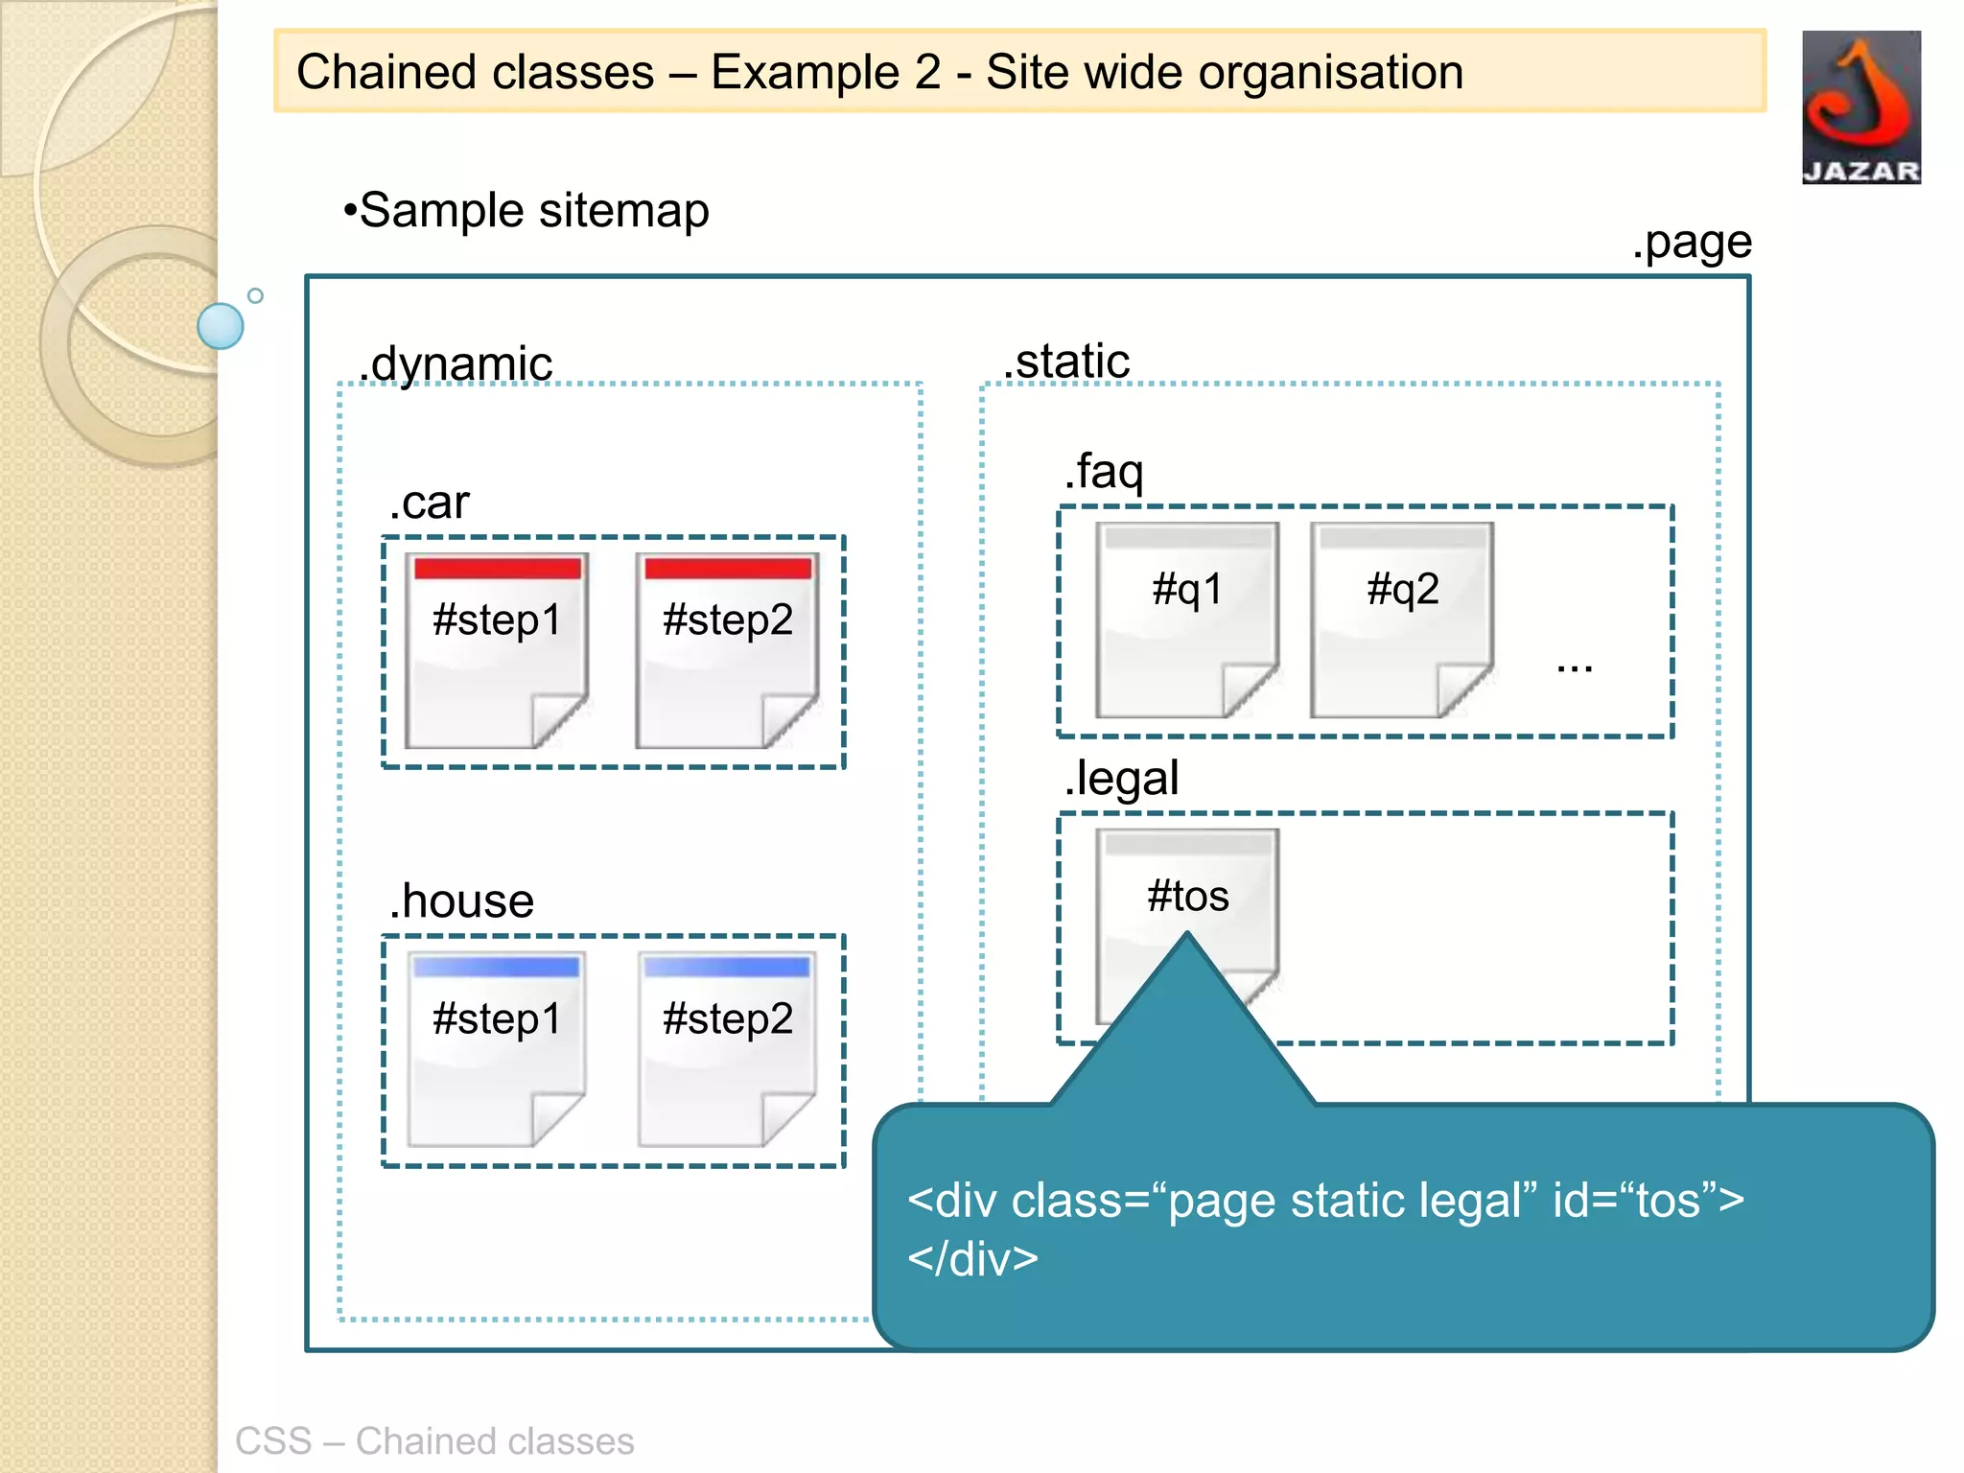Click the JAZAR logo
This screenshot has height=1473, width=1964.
(1860, 106)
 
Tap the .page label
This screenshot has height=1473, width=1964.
(1692, 243)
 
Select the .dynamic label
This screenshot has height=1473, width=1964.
(456, 363)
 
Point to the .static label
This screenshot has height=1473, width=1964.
(1066, 362)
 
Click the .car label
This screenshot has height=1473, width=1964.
(430, 503)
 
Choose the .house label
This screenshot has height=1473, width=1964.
(461, 900)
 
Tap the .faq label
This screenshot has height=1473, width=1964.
(1104, 471)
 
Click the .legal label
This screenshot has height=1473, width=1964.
(1121, 778)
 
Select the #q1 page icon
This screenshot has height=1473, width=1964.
(1186, 620)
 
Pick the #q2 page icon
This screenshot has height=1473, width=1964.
(1401, 620)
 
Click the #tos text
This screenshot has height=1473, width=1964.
(1187, 897)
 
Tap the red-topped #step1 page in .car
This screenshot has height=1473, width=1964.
(496, 650)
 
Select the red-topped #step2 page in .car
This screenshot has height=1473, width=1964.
(727, 650)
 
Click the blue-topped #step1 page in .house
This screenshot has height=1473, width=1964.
(496, 1049)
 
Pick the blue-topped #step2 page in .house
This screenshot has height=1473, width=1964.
(727, 1049)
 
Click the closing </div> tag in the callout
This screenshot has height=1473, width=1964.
(972, 1258)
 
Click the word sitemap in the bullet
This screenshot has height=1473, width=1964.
(623, 210)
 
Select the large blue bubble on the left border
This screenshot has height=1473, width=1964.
(221, 326)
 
